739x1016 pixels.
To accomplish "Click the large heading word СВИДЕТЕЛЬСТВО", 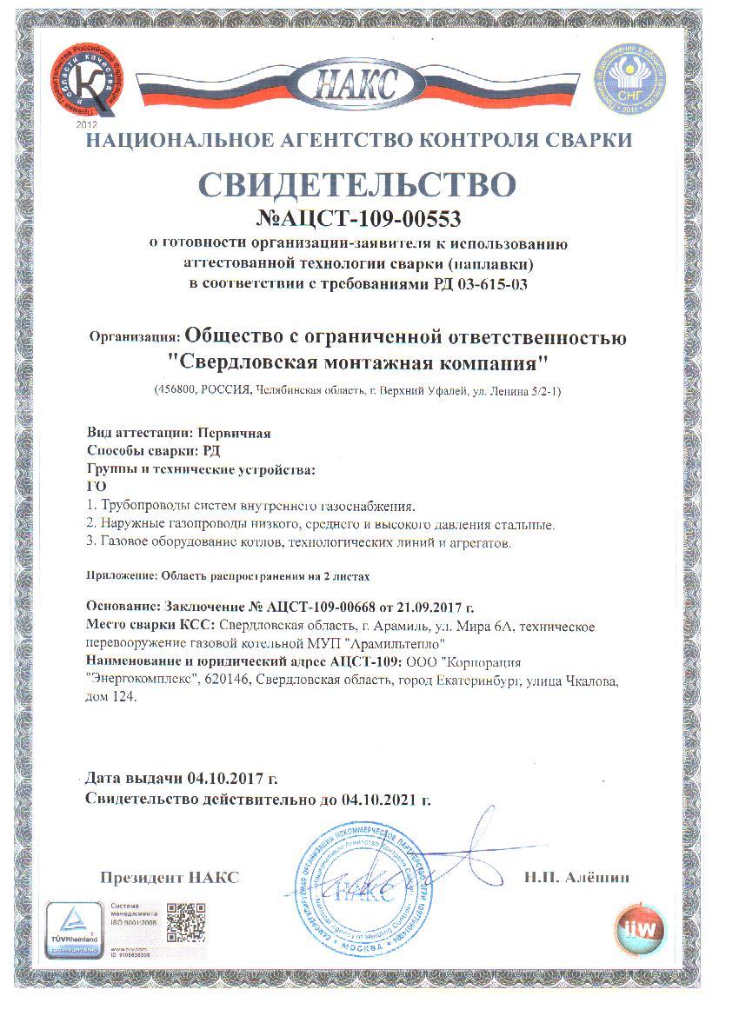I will pyautogui.click(x=358, y=183).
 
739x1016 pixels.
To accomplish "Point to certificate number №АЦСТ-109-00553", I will pyautogui.click(x=360, y=217).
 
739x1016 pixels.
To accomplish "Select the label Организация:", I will pyautogui.click(x=135, y=336).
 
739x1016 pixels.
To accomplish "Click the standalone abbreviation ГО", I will pyautogui.click(x=97, y=487).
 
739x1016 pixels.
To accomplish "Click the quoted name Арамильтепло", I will pyautogui.click(x=397, y=643).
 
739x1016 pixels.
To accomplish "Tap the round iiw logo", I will pyautogui.click(x=639, y=925).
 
